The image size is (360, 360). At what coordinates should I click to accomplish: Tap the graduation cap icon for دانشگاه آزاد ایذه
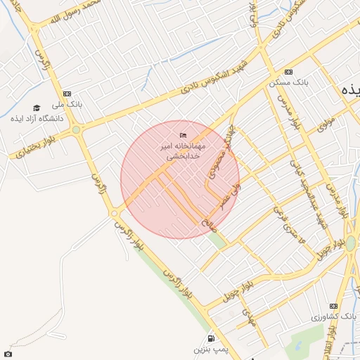[x=37, y=108]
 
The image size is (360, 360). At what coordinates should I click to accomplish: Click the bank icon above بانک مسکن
[x=288, y=72]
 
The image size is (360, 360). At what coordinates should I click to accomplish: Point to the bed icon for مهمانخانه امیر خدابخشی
[x=184, y=135]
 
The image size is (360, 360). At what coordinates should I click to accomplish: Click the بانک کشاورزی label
[x=330, y=317]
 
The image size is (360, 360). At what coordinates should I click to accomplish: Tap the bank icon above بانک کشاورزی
[x=333, y=307]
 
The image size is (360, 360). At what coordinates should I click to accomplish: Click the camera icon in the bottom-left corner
[x=8, y=354]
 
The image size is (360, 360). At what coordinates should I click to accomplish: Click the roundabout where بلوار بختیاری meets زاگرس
[x=76, y=129]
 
